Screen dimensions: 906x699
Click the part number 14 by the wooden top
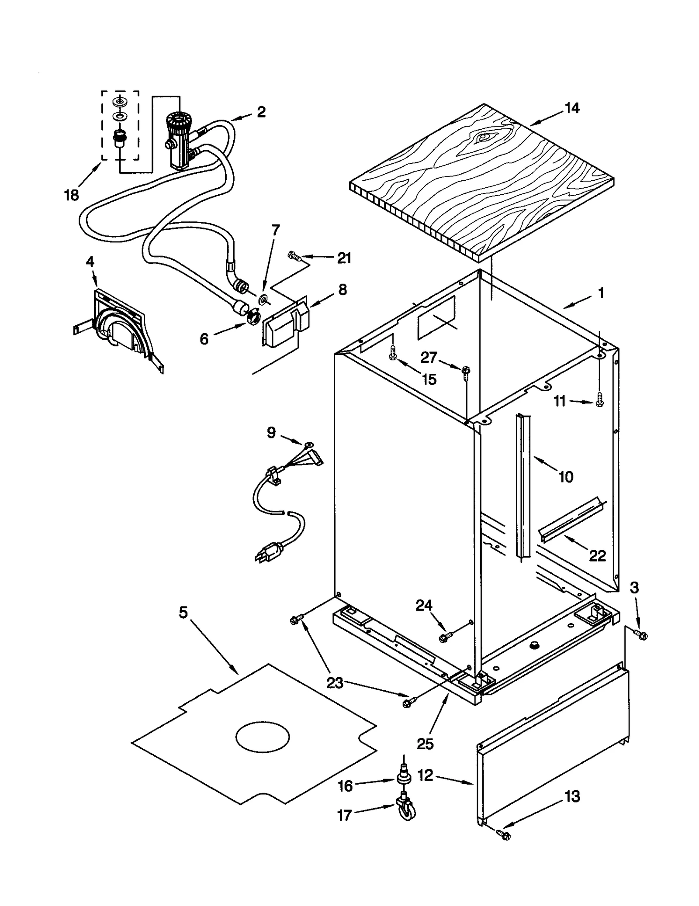(572, 108)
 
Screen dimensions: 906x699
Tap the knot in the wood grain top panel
(482, 137)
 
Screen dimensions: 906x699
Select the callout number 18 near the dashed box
(71, 195)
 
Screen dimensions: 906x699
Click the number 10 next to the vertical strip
(566, 477)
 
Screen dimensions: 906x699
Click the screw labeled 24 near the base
(443, 638)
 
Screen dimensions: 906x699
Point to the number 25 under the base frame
(425, 744)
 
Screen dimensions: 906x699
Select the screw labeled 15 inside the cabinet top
(393, 354)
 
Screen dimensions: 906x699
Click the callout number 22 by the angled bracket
(597, 555)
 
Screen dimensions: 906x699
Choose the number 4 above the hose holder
(90, 262)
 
